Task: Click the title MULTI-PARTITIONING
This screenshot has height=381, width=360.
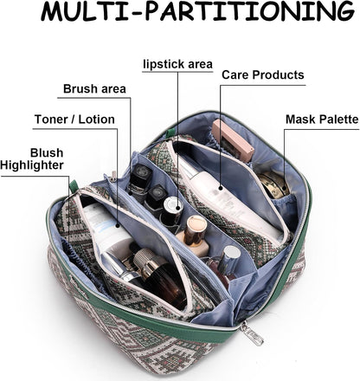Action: pos(197,11)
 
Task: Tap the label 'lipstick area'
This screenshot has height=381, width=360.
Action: pos(178,64)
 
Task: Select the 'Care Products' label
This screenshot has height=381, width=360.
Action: pos(263,74)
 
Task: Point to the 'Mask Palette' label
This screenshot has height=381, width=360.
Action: pos(322,119)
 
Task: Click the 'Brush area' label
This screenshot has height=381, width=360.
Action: pos(94,89)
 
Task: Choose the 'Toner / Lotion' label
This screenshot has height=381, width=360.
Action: pos(74,119)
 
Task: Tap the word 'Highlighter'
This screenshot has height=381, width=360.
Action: pos(32,165)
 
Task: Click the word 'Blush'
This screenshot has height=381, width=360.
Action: pos(47,152)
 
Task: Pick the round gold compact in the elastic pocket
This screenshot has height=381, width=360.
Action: pos(273,185)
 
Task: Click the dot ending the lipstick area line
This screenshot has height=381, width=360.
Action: pos(177,208)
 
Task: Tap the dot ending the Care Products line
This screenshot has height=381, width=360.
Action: pos(221,188)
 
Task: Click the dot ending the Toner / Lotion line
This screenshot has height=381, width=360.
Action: pos(118,224)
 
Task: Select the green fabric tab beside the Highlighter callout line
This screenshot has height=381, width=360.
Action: pos(74,186)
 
